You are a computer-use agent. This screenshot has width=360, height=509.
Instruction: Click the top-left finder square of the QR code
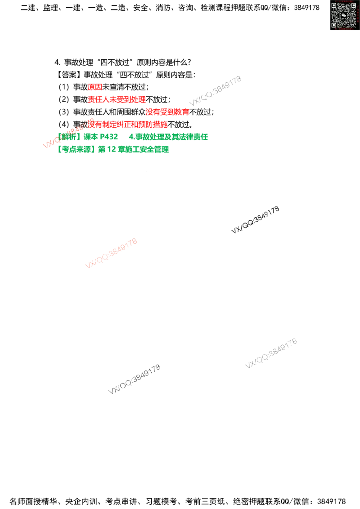334,6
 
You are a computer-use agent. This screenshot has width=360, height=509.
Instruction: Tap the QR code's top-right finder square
353,6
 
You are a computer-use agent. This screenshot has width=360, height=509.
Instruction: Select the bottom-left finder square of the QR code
334,25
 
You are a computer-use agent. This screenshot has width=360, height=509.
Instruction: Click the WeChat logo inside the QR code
344,15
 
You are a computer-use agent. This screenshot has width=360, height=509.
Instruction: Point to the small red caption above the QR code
344,1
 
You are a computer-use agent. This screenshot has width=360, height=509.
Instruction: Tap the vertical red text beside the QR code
358,15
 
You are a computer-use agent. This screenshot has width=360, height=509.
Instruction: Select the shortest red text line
95,87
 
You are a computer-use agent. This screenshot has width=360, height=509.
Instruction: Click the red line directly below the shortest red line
117,99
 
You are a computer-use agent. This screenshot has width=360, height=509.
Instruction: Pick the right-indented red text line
167,112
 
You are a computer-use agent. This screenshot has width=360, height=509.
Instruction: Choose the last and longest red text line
128,125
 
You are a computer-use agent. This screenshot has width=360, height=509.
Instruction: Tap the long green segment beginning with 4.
169,136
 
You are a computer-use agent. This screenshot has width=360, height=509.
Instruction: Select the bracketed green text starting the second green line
76,149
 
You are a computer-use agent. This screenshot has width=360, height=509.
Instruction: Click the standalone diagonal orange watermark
111,254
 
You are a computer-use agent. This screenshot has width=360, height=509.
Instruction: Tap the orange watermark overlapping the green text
67,134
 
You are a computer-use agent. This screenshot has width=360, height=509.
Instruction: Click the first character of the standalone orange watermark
88,266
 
